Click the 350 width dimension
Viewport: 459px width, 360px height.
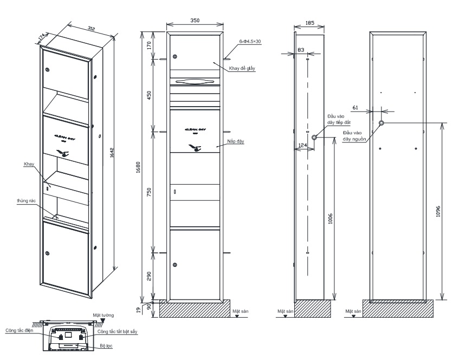coord(195,21)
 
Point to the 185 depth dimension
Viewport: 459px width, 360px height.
coord(309,24)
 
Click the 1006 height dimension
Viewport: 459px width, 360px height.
coord(330,218)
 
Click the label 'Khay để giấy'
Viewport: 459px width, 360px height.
coord(242,69)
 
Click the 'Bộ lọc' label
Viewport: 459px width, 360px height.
coord(105,344)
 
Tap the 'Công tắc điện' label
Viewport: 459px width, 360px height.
coord(20,330)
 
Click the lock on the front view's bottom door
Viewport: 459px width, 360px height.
coord(175,265)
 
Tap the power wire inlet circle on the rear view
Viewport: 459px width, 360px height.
coord(382,123)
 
